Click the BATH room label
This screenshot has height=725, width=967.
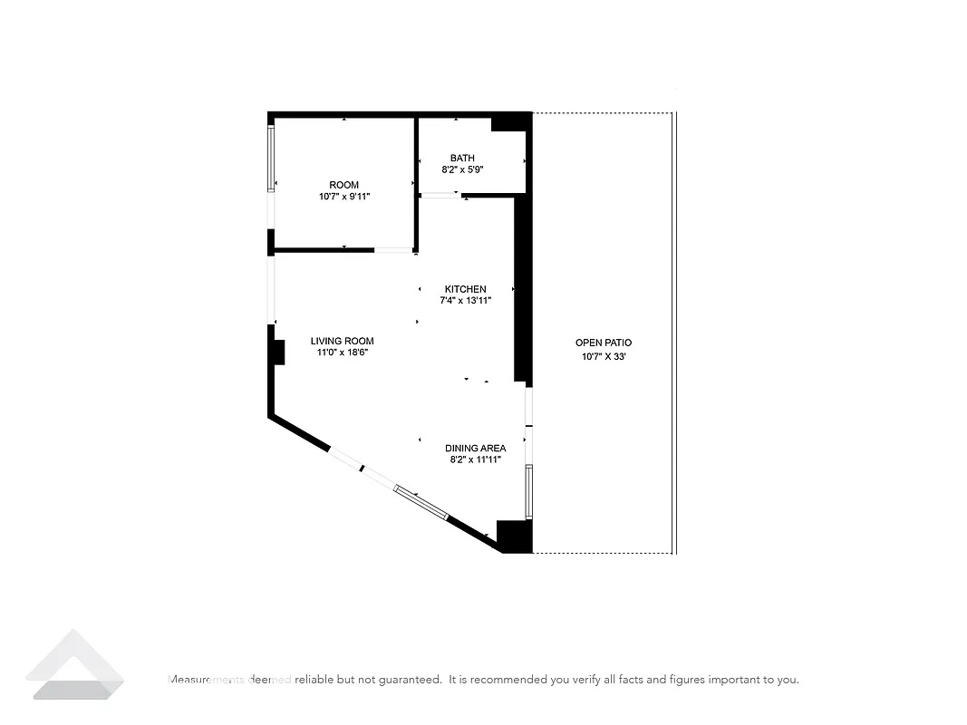[x=462, y=158]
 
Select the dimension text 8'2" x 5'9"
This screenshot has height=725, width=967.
[x=462, y=169]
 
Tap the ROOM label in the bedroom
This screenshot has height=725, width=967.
[x=343, y=185]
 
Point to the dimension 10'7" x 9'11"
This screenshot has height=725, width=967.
[x=343, y=197]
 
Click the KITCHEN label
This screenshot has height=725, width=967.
[x=465, y=289]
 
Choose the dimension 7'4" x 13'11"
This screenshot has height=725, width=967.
[x=465, y=301]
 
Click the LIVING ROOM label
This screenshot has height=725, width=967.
[x=342, y=342]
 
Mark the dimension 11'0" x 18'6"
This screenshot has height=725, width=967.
[x=342, y=353]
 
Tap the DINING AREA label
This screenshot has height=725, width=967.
[x=475, y=449]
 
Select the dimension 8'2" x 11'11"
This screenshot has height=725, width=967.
[x=475, y=460]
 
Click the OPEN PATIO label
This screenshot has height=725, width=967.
[x=604, y=343]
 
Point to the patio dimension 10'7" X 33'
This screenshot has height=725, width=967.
[x=604, y=357]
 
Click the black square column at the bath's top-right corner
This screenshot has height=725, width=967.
[x=511, y=122]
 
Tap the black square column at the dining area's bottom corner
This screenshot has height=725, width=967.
[x=514, y=536]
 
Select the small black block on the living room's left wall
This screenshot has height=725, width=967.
[x=278, y=352]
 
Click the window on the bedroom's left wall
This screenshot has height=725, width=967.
[x=270, y=159]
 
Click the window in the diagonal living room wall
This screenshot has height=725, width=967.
[x=421, y=501]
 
